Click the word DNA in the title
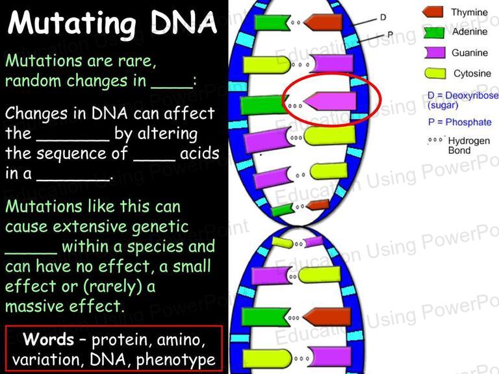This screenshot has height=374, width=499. click(184, 22)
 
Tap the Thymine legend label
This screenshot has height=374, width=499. click(469, 12)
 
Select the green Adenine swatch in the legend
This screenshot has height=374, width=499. click(434, 32)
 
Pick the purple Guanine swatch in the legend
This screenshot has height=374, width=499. click(435, 53)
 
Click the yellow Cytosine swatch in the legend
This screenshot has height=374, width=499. click(435, 73)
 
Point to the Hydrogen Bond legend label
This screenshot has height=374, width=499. click(468, 145)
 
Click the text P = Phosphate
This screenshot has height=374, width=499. click(459, 122)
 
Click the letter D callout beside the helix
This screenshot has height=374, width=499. click(383, 17)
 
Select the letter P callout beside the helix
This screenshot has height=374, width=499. click(390, 34)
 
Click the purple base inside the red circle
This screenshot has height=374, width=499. click(329, 101)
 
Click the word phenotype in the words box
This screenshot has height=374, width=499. click(175, 360)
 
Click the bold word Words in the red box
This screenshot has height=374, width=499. click(48, 339)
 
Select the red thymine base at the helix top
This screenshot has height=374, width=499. click(323, 22)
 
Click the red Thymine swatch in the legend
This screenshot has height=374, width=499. click(433, 12)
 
